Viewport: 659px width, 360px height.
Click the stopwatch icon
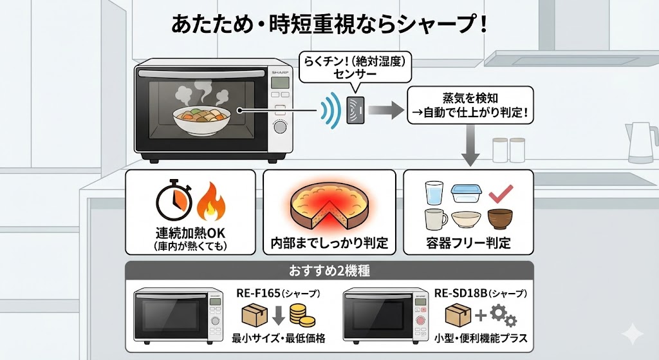point(173,202)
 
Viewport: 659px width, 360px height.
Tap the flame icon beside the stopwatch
point(209,202)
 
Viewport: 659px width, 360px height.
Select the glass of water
point(434,194)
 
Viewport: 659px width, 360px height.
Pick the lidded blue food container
point(465,194)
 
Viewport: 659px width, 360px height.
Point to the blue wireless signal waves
point(330,111)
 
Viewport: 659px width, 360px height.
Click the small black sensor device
point(356,111)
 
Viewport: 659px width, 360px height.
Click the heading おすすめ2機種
point(328,270)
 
